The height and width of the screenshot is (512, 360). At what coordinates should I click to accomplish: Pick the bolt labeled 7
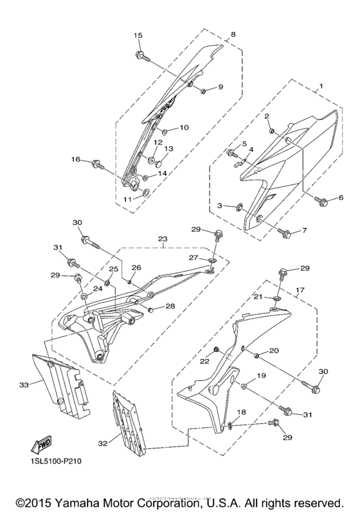tap(286, 233)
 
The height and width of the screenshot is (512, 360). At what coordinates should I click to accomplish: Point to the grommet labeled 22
tap(217, 350)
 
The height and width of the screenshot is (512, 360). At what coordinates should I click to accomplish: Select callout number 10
tap(184, 128)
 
